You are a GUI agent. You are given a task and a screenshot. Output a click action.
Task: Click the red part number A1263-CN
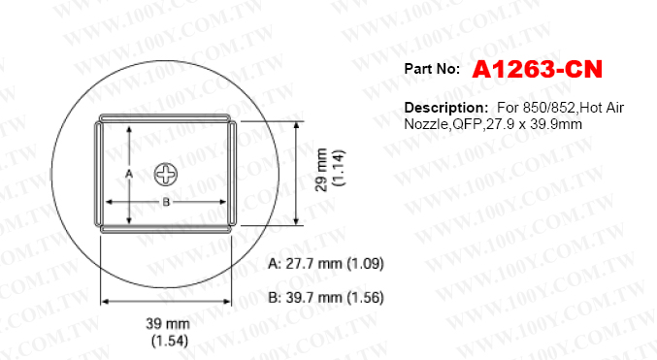537,69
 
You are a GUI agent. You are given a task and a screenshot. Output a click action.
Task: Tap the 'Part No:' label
432,69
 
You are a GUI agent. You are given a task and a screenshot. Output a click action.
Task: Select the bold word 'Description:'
446,108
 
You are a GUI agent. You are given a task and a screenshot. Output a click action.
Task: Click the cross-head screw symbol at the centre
166,175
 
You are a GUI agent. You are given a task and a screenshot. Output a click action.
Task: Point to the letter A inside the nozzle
129,174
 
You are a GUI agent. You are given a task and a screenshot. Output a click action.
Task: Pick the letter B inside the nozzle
166,203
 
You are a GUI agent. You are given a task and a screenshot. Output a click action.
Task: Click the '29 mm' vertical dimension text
321,169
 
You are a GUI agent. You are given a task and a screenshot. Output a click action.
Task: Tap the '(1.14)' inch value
339,168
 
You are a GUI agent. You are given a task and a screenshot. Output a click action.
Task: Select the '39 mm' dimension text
168,323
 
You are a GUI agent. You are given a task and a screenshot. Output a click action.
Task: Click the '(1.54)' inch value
169,341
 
